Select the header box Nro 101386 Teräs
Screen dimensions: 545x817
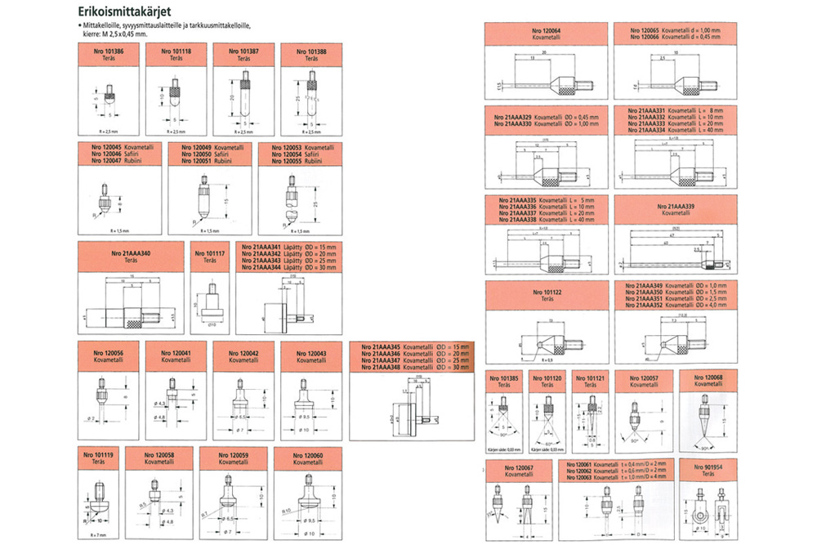pyautogui.click(x=108, y=56)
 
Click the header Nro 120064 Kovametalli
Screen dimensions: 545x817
pyautogui.click(x=546, y=34)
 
